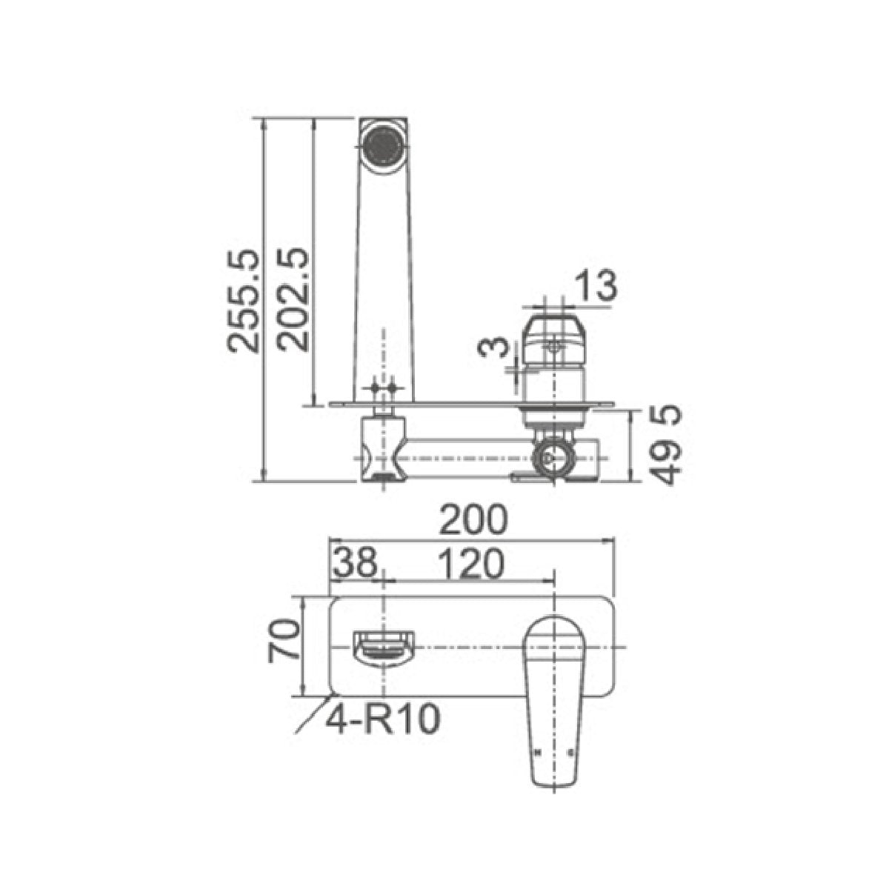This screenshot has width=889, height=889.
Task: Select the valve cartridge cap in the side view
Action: point(554,340)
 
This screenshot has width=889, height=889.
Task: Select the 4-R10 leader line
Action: point(310,715)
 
